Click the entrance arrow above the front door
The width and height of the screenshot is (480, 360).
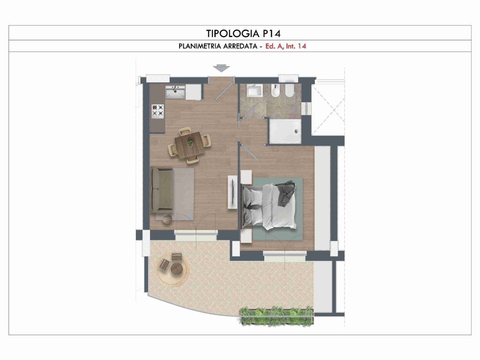(221, 68)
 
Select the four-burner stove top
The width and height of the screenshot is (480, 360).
(158, 111)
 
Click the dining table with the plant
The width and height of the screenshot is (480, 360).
(189, 142)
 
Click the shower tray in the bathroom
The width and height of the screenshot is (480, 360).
(284, 131)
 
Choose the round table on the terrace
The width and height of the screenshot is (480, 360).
(177, 269)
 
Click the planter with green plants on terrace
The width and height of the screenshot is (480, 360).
(276, 315)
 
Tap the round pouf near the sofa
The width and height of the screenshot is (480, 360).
(167, 218)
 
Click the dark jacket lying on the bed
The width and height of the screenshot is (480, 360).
(285, 192)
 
